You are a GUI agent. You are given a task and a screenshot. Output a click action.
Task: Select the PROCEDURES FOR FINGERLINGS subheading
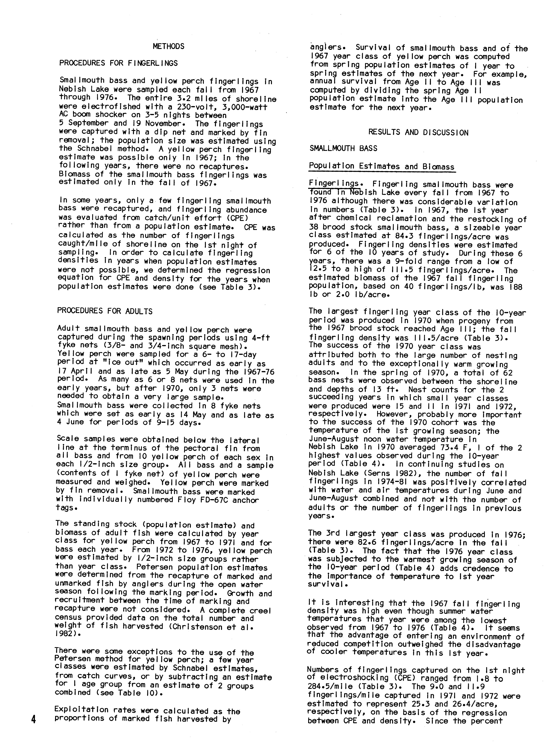pos(118,63)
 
